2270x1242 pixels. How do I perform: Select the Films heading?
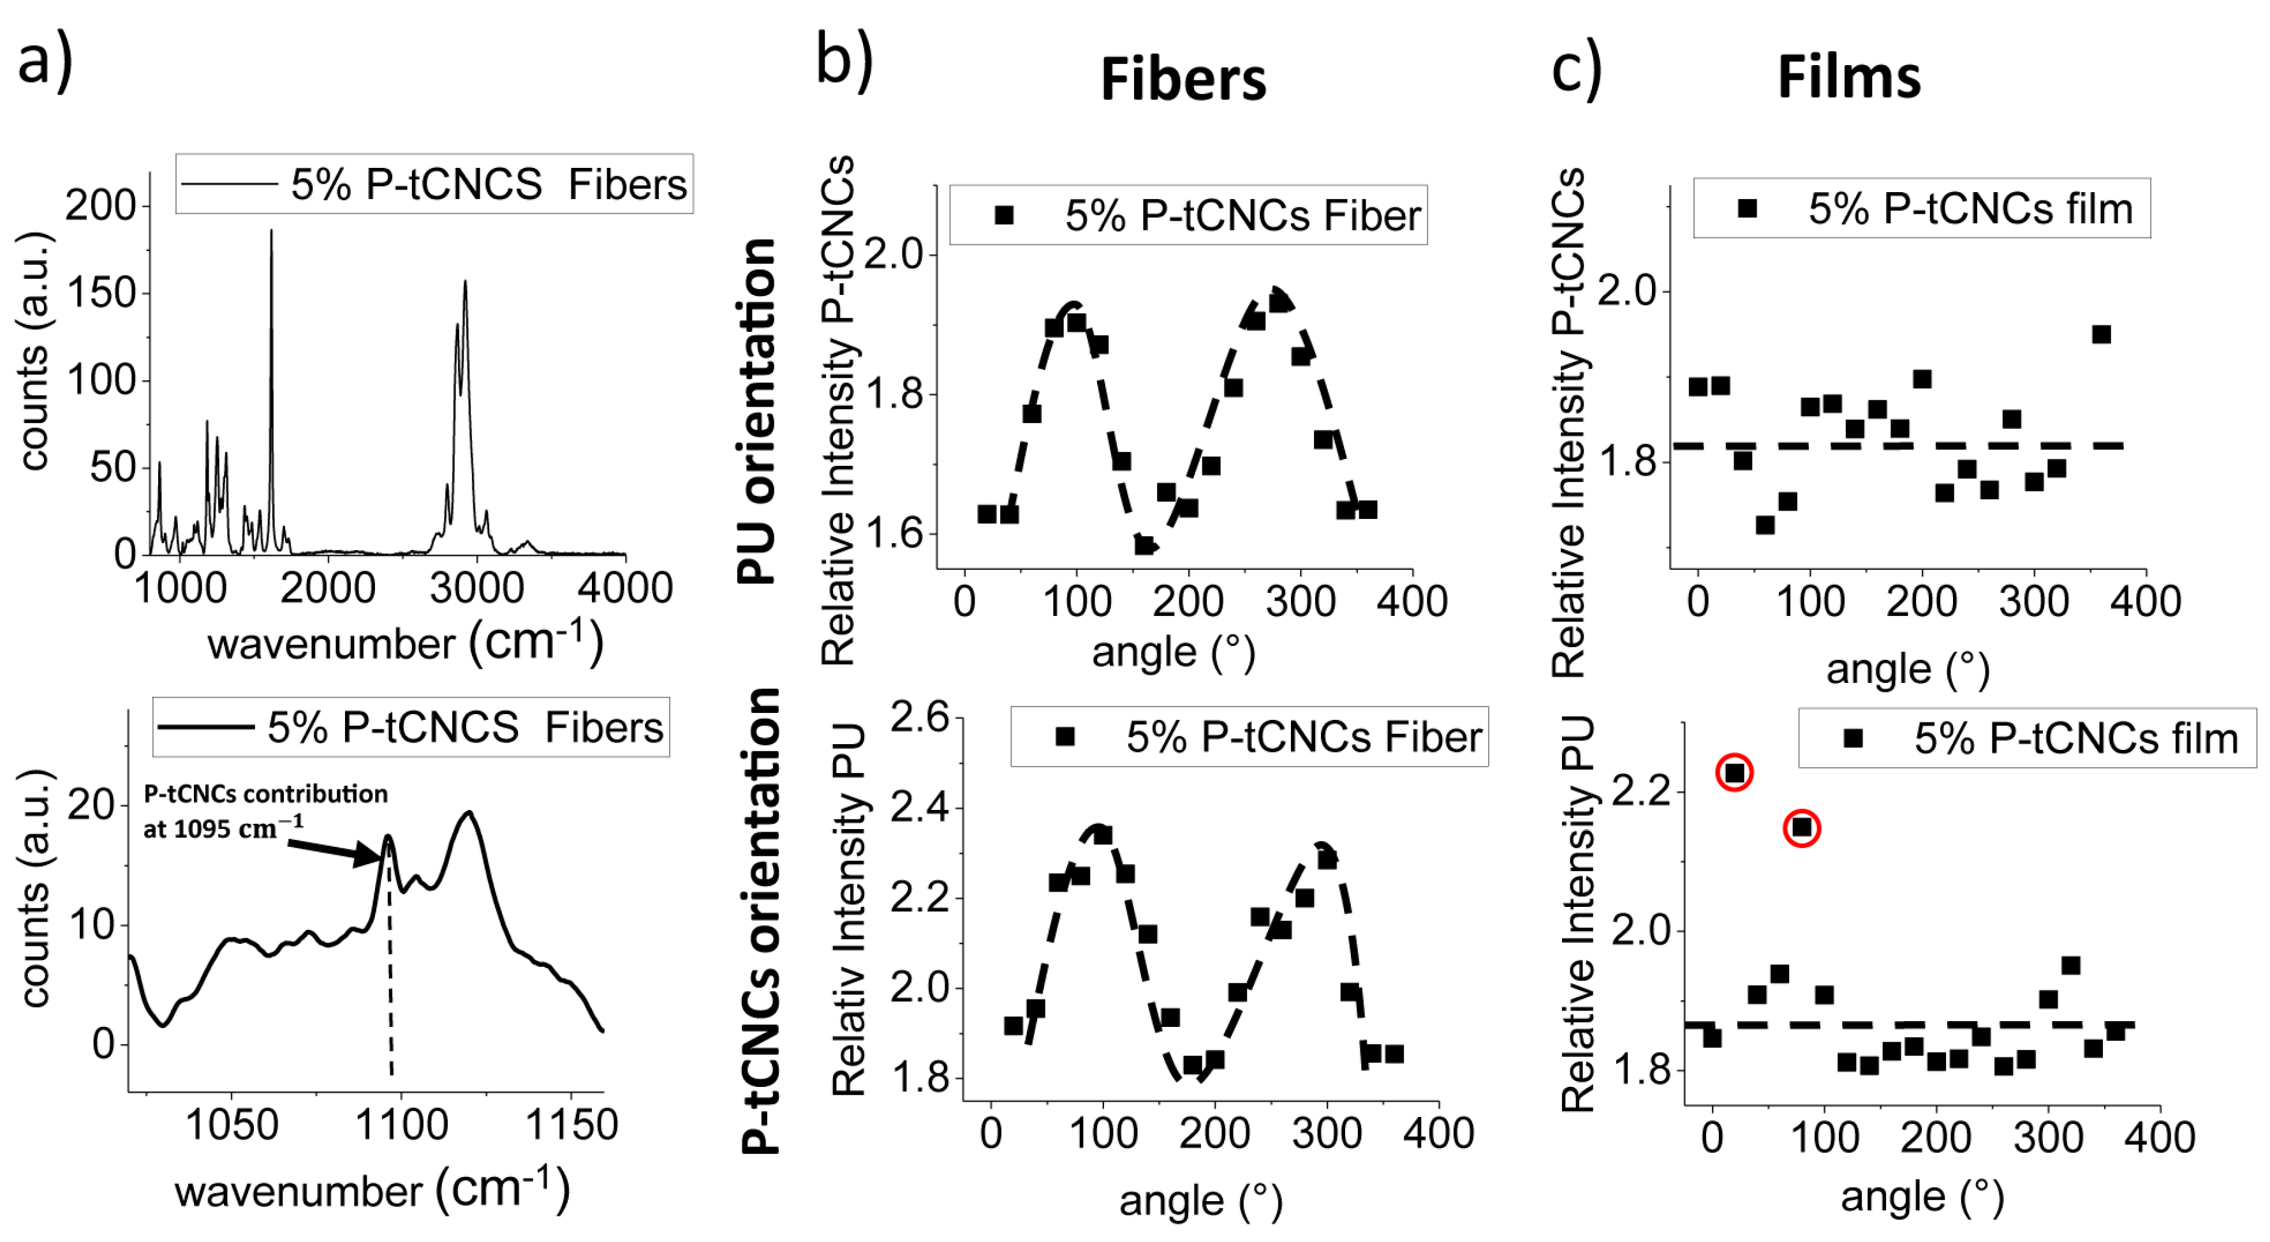coord(1849,78)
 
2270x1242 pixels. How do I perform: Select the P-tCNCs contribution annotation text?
coord(264,811)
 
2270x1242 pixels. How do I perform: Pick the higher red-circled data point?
coord(1734,773)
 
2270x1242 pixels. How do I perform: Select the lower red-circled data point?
coord(1801,828)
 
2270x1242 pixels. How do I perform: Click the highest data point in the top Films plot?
coord(2101,334)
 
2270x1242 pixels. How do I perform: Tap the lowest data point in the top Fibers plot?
coord(1144,546)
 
